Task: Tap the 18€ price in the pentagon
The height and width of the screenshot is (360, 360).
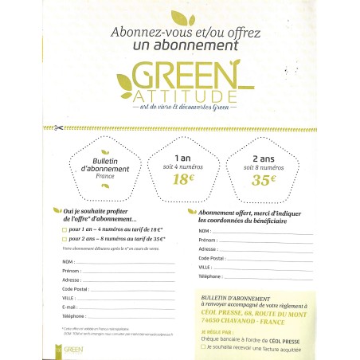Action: point(182,179)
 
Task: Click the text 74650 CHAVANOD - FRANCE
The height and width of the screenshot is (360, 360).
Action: point(239,323)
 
